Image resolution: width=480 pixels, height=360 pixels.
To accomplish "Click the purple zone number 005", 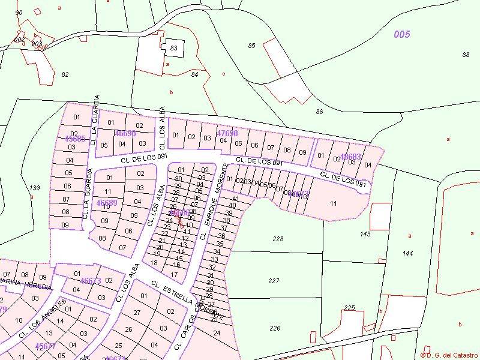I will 402,34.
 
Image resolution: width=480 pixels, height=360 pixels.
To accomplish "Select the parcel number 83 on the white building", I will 174,48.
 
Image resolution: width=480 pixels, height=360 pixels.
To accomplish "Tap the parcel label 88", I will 466,55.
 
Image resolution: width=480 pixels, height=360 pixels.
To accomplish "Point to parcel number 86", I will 319,112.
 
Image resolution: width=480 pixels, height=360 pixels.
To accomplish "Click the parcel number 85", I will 251,46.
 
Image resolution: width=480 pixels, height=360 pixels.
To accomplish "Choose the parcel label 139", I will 35,188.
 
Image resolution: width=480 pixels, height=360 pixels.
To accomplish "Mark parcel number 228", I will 277,239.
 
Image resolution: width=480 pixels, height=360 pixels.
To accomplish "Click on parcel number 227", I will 274,281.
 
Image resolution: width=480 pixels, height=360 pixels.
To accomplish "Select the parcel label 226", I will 275,328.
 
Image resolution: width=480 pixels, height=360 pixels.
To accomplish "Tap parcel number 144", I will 408,253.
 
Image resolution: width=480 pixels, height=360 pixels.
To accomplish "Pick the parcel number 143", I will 365,234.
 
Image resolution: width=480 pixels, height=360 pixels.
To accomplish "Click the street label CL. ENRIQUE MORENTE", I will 214,201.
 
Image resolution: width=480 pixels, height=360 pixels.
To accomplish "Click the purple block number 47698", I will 227,133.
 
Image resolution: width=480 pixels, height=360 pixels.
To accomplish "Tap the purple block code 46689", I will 107,203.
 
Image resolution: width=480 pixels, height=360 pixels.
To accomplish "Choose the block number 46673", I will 91,280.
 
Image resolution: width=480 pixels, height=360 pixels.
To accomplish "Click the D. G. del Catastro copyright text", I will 449,355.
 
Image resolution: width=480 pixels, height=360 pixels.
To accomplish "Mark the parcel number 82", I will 65,74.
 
